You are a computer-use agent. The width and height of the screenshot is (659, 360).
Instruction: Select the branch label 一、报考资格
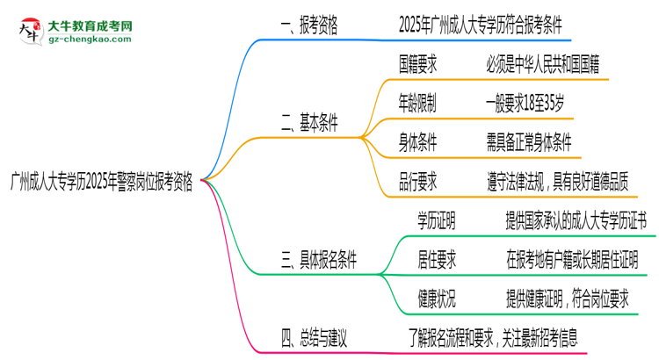(x=304, y=28)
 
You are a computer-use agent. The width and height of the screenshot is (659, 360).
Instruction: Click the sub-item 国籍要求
(x=417, y=64)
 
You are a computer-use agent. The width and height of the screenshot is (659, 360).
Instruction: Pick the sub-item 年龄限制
(x=417, y=103)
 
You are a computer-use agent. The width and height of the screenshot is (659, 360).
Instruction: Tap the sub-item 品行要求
(x=417, y=181)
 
